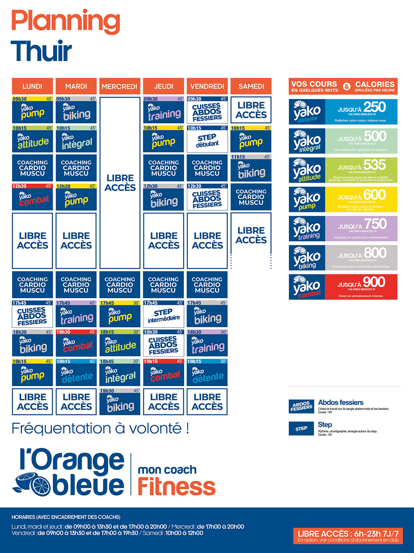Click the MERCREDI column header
[120, 86]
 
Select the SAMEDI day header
[251, 86]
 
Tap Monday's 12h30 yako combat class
[32, 197]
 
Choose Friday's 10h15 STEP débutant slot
[207, 139]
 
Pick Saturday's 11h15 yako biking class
[251, 169]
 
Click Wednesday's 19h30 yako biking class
[120, 402]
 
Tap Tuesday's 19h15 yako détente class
[76, 373]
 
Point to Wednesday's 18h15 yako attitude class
[120, 344]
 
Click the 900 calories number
[374, 282]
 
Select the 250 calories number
[374, 107]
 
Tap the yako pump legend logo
[307, 200]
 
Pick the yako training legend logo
[307, 229]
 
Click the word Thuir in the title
[41, 51]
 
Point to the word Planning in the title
[66, 21]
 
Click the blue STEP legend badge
[301, 429]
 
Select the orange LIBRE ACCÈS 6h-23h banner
[348, 536]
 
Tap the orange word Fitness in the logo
[176, 486]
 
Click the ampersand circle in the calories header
[347, 87]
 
